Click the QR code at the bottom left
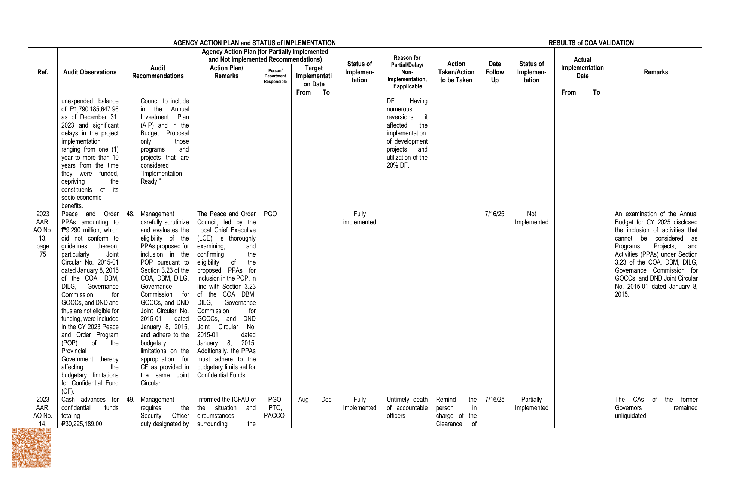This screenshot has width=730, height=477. tap(31, 448)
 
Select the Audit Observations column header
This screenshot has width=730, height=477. tap(90, 72)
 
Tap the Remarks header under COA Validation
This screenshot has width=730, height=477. tap(656, 72)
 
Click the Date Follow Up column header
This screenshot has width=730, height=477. tap(495, 72)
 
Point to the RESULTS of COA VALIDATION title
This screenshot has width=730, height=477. tap(591, 43)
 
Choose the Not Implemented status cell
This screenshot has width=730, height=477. tap(531, 218)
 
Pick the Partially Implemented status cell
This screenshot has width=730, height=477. tap(531, 404)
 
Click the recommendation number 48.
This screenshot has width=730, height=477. tap(130, 214)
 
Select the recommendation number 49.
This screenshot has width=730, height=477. tap(130, 400)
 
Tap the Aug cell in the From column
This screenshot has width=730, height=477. tap(303, 400)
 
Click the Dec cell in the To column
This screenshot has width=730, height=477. tap(326, 400)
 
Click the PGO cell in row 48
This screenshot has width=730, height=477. tap(270, 214)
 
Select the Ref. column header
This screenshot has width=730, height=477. tap(43, 72)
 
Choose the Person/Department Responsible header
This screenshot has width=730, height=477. tap(275, 76)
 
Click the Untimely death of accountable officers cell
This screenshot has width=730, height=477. tap(407, 408)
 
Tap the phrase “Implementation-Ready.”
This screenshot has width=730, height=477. tap(162, 178)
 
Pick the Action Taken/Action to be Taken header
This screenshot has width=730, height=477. tap(456, 72)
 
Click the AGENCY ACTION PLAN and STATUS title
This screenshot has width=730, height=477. tap(254, 43)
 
